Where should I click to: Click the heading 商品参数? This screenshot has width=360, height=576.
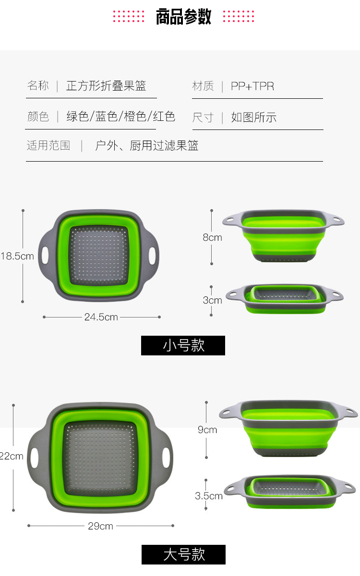[183, 17]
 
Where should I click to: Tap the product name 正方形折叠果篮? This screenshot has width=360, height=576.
[106, 86]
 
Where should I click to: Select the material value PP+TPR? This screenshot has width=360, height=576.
[252, 86]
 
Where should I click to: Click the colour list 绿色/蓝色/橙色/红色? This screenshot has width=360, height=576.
[120, 117]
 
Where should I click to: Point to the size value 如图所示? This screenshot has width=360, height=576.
[253, 118]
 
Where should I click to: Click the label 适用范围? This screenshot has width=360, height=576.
[48, 145]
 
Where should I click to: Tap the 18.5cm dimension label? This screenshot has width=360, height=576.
[17, 256]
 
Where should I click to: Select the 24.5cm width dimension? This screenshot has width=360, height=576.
[101, 317]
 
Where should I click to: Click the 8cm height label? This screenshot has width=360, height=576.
[212, 237]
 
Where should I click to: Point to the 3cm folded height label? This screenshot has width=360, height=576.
[212, 300]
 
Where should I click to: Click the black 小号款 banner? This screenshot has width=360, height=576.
[183, 345]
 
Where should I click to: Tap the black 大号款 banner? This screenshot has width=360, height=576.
[183, 555]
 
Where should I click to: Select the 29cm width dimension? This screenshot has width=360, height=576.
[100, 526]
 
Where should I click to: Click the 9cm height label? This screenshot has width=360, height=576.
[207, 430]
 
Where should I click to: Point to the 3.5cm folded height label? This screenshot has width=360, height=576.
[209, 496]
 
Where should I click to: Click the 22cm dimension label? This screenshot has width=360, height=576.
[12, 456]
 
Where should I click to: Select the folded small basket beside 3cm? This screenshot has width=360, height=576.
[285, 298]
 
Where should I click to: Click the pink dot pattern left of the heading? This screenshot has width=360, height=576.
[129, 16]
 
